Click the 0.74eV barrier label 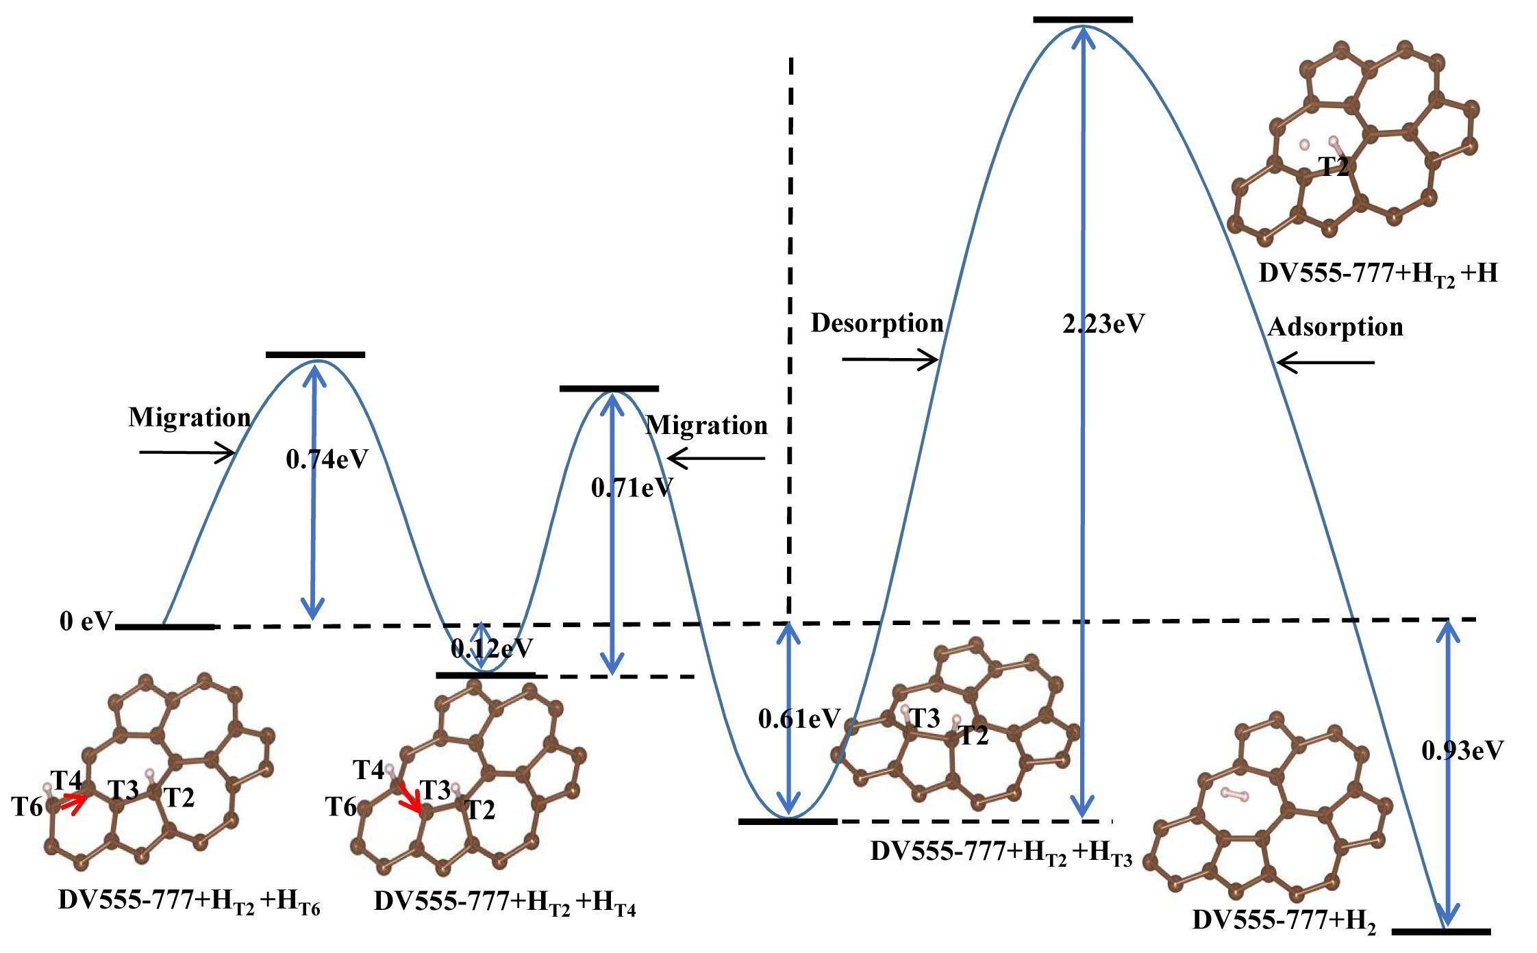click(x=327, y=459)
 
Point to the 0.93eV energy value click(x=1462, y=751)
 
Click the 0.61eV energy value click(x=799, y=718)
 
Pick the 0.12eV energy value click(x=491, y=648)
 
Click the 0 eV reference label click(x=85, y=621)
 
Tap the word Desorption click(x=877, y=323)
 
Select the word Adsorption click(x=1335, y=327)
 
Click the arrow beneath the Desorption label click(x=890, y=359)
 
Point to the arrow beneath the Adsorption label click(x=1326, y=362)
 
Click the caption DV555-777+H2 click(x=1284, y=921)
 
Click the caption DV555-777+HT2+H click(x=1377, y=275)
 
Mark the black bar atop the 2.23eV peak click(x=1083, y=19)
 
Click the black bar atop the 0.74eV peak click(x=315, y=354)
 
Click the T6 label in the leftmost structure click(x=27, y=807)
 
